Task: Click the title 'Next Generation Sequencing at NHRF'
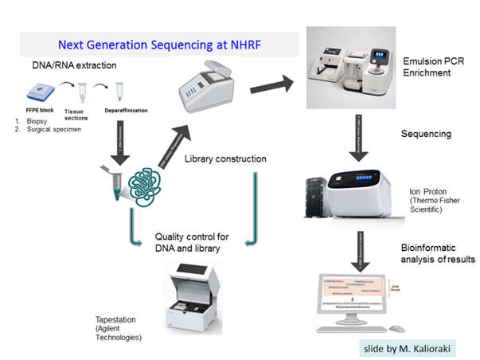(x=160, y=45)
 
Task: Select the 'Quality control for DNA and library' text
(x=192, y=242)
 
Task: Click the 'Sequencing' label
(x=426, y=133)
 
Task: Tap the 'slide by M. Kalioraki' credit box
(x=407, y=347)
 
